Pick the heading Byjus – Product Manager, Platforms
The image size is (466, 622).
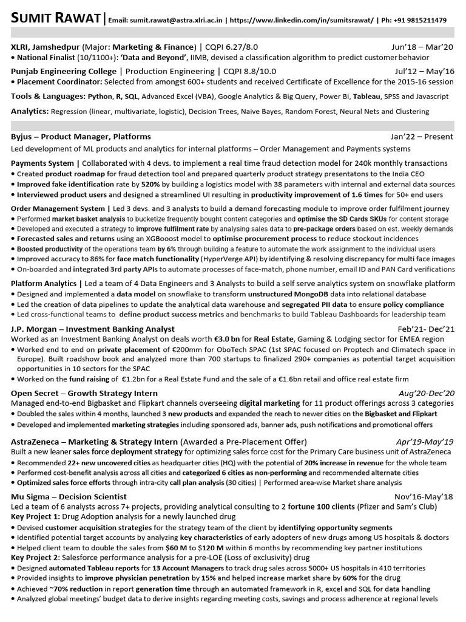click(81, 137)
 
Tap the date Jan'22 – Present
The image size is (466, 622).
click(422, 137)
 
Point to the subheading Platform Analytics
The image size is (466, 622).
click(43, 284)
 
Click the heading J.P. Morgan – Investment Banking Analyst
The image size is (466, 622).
click(93, 329)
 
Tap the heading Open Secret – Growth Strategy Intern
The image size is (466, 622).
click(84, 394)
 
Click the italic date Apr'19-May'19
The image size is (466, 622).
click(428, 442)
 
